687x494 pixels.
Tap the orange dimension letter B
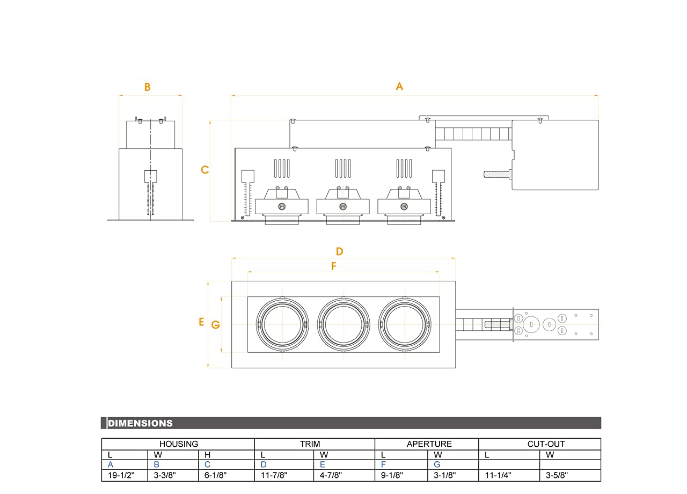click(x=147, y=87)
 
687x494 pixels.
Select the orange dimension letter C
click(x=204, y=170)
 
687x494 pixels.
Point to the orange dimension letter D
click(x=339, y=251)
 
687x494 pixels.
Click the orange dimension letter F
click(x=334, y=266)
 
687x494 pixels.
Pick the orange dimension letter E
click(x=201, y=322)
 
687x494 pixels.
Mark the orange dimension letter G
click(x=216, y=324)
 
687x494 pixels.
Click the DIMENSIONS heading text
click(x=140, y=424)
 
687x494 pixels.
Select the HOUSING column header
click(x=179, y=444)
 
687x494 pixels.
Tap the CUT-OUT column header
click(x=546, y=444)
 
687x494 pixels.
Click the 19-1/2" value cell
click(x=121, y=475)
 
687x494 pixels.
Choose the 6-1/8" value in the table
click(x=215, y=475)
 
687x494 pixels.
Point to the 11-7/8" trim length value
click(x=274, y=475)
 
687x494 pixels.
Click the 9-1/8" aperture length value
click(x=392, y=475)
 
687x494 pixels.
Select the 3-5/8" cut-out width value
click(x=557, y=475)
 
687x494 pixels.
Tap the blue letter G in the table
click(x=437, y=464)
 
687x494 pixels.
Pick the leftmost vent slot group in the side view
click(x=282, y=168)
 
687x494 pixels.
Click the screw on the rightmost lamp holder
click(x=404, y=207)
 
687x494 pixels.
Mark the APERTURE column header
click(x=429, y=444)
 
